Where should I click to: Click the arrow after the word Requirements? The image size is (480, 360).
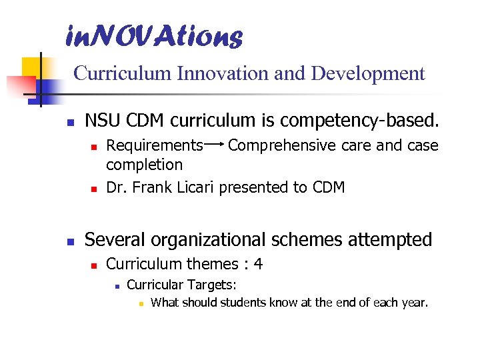(x=215, y=144)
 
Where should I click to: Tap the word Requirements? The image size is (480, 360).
(x=155, y=145)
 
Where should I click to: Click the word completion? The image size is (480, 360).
(x=144, y=164)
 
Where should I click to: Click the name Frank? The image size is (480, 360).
(x=153, y=187)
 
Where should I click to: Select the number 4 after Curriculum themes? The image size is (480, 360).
(x=258, y=264)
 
